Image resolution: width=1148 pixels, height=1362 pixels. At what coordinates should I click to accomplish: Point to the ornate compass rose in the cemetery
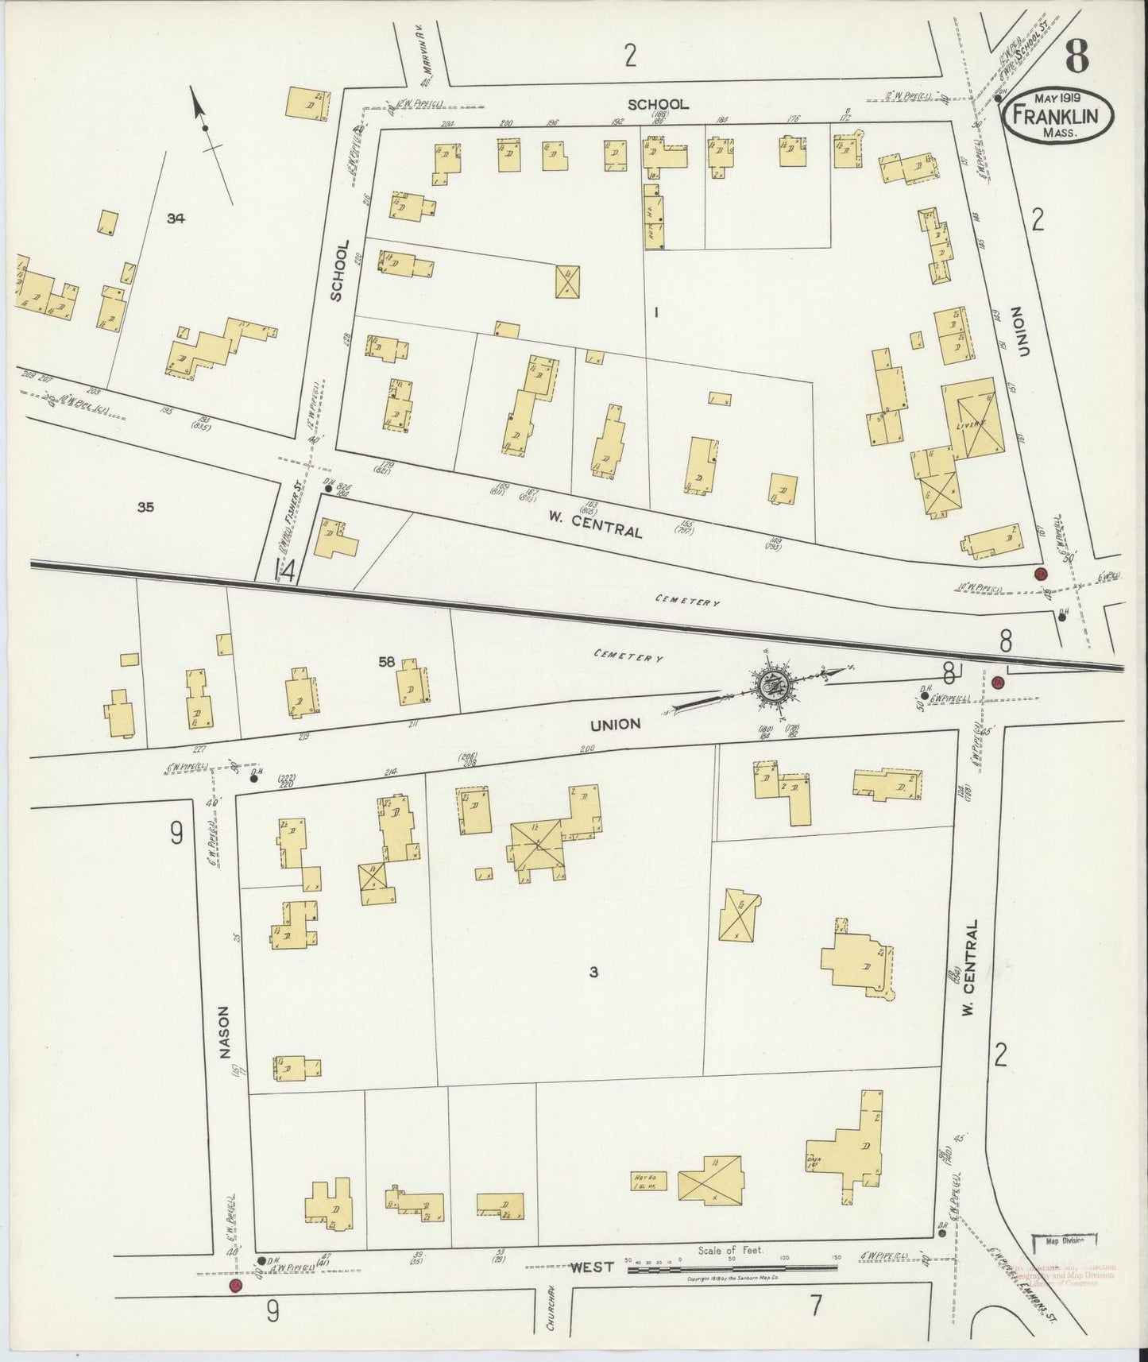click(x=769, y=683)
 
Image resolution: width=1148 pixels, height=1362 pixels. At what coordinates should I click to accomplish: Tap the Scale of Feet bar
click(x=731, y=1270)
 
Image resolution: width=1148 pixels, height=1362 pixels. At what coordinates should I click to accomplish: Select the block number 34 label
click(x=176, y=218)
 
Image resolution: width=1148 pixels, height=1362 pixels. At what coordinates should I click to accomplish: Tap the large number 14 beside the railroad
click(x=284, y=571)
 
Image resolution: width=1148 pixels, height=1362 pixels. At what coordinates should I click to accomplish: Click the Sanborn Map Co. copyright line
click(x=732, y=1282)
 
